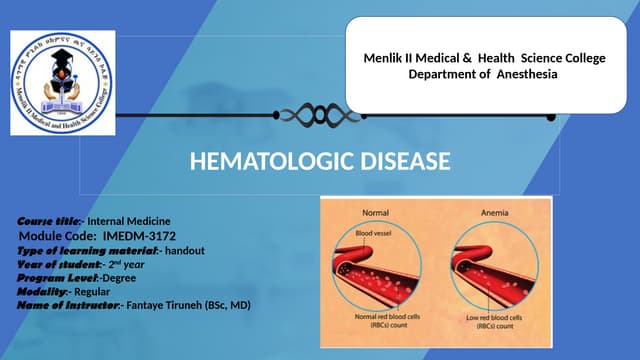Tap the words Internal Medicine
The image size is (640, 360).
tap(129, 220)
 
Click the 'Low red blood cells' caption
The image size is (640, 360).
tap(485, 320)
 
